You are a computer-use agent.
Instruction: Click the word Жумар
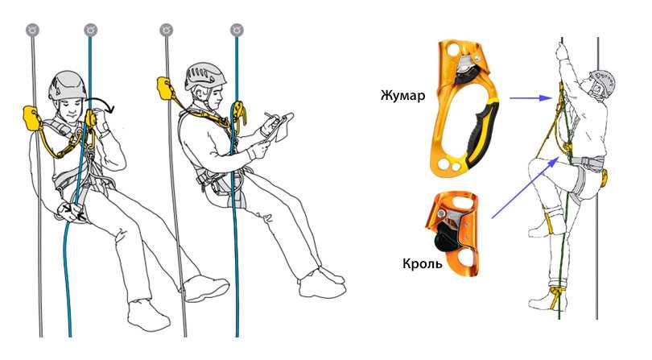pos(402,96)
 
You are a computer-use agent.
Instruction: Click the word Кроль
pos(422,263)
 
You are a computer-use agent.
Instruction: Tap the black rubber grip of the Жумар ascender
pos(482,133)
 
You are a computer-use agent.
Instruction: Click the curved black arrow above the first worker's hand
pos(100,103)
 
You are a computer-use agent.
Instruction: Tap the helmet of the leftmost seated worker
pos(67,85)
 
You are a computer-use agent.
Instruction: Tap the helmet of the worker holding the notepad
pos(205,77)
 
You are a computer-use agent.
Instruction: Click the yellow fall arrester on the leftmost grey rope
pos(31,118)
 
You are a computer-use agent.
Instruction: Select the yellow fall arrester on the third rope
pos(164,89)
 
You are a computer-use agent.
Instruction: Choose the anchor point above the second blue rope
pos(237,31)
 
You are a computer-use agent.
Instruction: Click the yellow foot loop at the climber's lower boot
pos(555,296)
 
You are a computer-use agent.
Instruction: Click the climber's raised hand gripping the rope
pos(562,53)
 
